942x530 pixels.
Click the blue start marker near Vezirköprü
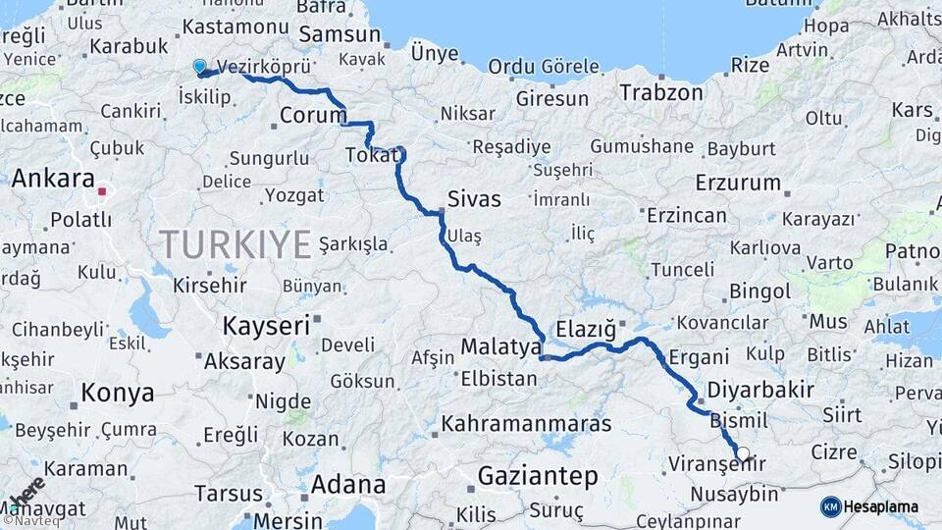pyautogui.click(x=200, y=67)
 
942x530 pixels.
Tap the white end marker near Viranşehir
pyautogui.click(x=743, y=453)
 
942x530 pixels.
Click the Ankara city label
pyautogui.click(x=53, y=179)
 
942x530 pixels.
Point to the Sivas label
pyautogui.click(x=474, y=199)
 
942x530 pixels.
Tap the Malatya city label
pyautogui.click(x=500, y=346)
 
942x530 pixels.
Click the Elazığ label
pyautogui.click(x=585, y=327)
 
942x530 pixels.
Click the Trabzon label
pyautogui.click(x=661, y=93)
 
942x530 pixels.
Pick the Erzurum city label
pyautogui.click(x=738, y=183)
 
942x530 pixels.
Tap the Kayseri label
pyautogui.click(x=266, y=325)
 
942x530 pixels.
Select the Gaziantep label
pyautogui.click(x=537, y=477)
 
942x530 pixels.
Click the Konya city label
pyautogui.click(x=117, y=394)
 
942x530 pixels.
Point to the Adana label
pyautogui.click(x=348, y=484)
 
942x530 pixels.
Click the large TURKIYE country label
pyautogui.click(x=235, y=243)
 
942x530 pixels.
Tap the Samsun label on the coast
pyautogui.click(x=339, y=33)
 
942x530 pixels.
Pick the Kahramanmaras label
pyautogui.click(x=526, y=424)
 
